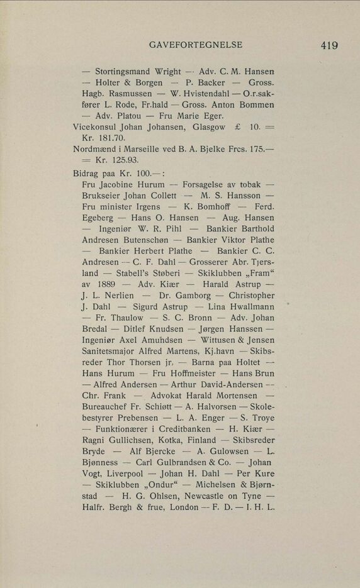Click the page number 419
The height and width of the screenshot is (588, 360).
[x=329, y=45]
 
